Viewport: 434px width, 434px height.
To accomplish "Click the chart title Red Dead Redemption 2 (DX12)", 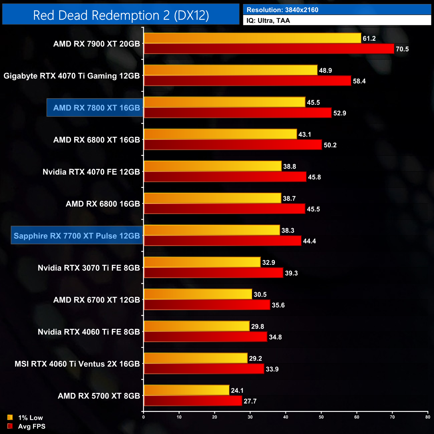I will click(121, 15).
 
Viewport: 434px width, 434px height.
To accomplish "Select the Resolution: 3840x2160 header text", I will click(282, 10).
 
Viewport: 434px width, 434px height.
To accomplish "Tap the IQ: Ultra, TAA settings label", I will click(268, 20).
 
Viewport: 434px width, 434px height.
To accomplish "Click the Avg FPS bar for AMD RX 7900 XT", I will click(269, 49).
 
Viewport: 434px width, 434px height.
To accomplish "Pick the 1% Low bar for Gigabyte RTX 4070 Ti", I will click(230, 70).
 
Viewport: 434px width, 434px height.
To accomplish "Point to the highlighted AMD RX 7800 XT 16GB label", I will click(96, 108).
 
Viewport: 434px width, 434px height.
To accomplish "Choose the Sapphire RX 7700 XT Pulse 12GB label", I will click(77, 236).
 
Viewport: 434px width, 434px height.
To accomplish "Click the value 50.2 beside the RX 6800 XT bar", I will click(330, 145).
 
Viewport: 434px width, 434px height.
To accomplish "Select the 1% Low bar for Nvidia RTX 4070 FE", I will click(212, 166).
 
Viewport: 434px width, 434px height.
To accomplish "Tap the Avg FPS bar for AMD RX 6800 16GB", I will click(224, 209).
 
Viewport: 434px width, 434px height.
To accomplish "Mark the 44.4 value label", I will click(309, 241).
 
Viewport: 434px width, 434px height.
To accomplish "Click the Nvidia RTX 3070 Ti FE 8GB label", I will click(88, 268).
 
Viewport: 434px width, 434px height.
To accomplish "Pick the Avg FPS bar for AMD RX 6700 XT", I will click(207, 305).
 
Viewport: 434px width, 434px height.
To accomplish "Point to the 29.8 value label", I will click(257, 327).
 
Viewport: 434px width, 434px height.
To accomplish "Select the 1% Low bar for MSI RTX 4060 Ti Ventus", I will click(195, 358).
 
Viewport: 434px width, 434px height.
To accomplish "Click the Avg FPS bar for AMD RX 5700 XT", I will click(193, 401).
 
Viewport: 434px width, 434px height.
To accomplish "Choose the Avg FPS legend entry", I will click(26, 426).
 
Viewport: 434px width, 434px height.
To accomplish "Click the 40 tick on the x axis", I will click(286, 417).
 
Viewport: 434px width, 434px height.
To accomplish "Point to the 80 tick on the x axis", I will click(428, 417).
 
